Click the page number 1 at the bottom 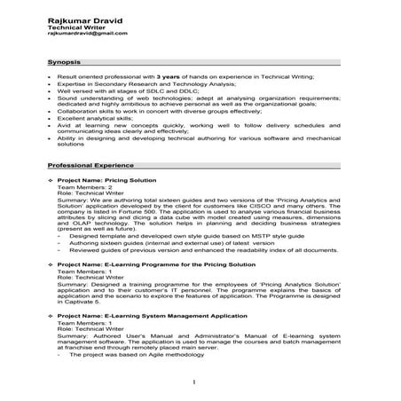pos(194,381)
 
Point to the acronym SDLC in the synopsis pos(147,93)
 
